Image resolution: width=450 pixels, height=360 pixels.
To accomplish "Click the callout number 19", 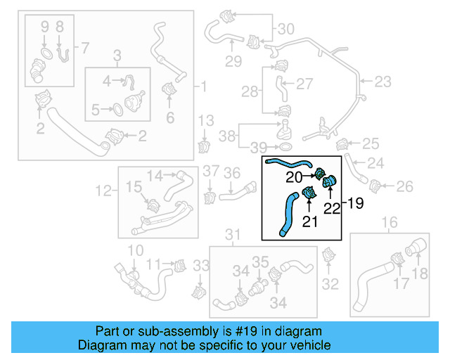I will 355,204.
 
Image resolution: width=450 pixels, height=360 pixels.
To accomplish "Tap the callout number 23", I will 382,82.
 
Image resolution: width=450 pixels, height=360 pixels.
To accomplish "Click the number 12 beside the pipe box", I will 103,190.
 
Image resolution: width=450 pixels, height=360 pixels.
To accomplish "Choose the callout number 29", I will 233,61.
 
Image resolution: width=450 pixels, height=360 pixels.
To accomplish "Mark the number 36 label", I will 232,173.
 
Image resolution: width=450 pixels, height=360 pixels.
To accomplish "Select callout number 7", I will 85,48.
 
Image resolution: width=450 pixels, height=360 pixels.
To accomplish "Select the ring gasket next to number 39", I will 285,147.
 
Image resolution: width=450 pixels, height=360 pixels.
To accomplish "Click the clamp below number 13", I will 205,147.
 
